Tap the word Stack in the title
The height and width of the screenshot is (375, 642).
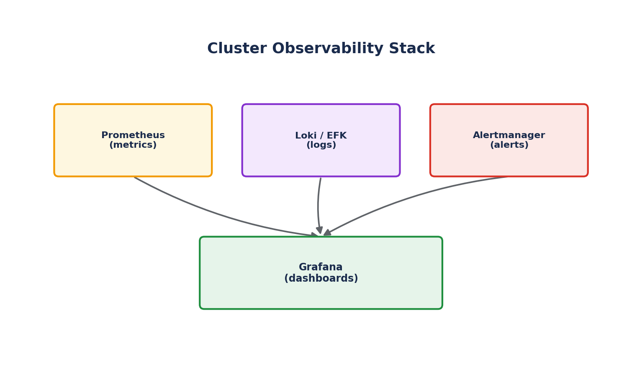[412, 48]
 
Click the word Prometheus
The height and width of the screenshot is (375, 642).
[133, 135]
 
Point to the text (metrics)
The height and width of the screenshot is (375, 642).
[133, 145]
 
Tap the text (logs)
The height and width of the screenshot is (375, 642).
[321, 145]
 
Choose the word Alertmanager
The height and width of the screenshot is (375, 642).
[509, 135]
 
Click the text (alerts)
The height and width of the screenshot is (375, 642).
[509, 145]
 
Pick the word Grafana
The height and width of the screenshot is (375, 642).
[321, 267]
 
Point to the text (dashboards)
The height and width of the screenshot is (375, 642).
[321, 278]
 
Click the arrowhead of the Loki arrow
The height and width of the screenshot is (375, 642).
[320, 230]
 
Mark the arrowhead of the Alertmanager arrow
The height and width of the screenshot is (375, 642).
[327, 233]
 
